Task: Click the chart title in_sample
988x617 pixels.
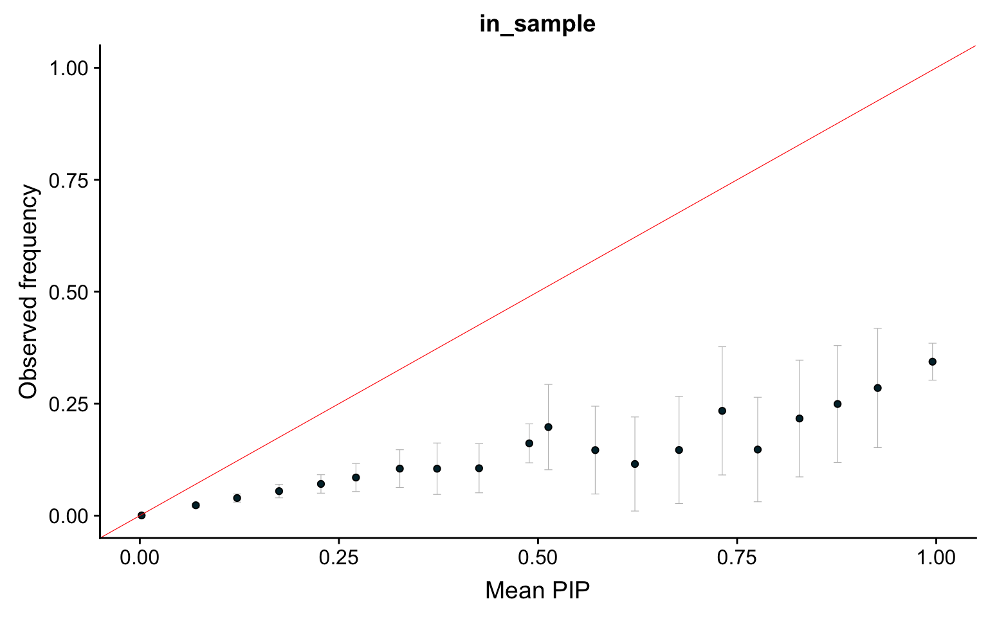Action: [537, 24]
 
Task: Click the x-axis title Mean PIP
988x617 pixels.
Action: [537, 589]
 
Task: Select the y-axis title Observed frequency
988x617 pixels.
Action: [29, 291]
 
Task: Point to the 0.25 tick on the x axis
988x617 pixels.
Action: [338, 557]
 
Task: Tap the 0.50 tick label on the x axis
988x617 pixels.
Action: [537, 557]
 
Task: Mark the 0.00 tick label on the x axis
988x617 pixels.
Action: [140, 557]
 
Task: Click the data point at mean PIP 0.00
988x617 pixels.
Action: [142, 515]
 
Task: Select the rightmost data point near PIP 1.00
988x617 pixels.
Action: [932, 361]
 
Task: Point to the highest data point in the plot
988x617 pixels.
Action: [932, 361]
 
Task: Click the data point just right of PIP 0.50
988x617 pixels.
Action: [548, 427]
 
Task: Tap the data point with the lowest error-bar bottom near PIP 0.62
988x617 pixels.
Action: [635, 463]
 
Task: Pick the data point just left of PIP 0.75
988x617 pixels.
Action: [722, 411]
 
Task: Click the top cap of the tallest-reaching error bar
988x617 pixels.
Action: [877, 328]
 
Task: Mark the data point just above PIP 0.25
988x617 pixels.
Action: [356, 478]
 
